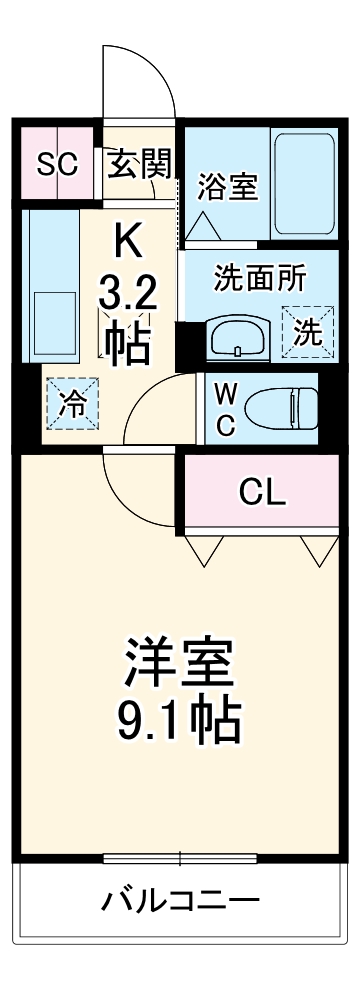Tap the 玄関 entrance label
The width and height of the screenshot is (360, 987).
pos(139,164)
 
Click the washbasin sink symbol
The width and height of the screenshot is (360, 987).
pos(235,336)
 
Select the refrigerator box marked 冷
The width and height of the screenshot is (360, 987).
pos(72,403)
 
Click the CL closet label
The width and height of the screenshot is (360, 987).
pos(261,491)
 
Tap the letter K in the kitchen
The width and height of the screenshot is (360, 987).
pos(128,240)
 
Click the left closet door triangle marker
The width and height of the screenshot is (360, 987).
pos(203,547)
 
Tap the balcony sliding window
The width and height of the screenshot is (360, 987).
pos(180,858)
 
